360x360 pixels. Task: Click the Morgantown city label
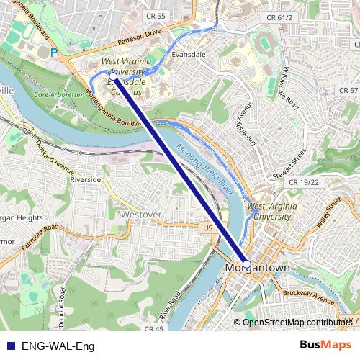[x=257, y=268]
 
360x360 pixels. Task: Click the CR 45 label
[x=154, y=329]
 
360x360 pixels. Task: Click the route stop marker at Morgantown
[x=246, y=264]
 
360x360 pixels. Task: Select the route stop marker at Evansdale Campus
[x=114, y=74]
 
